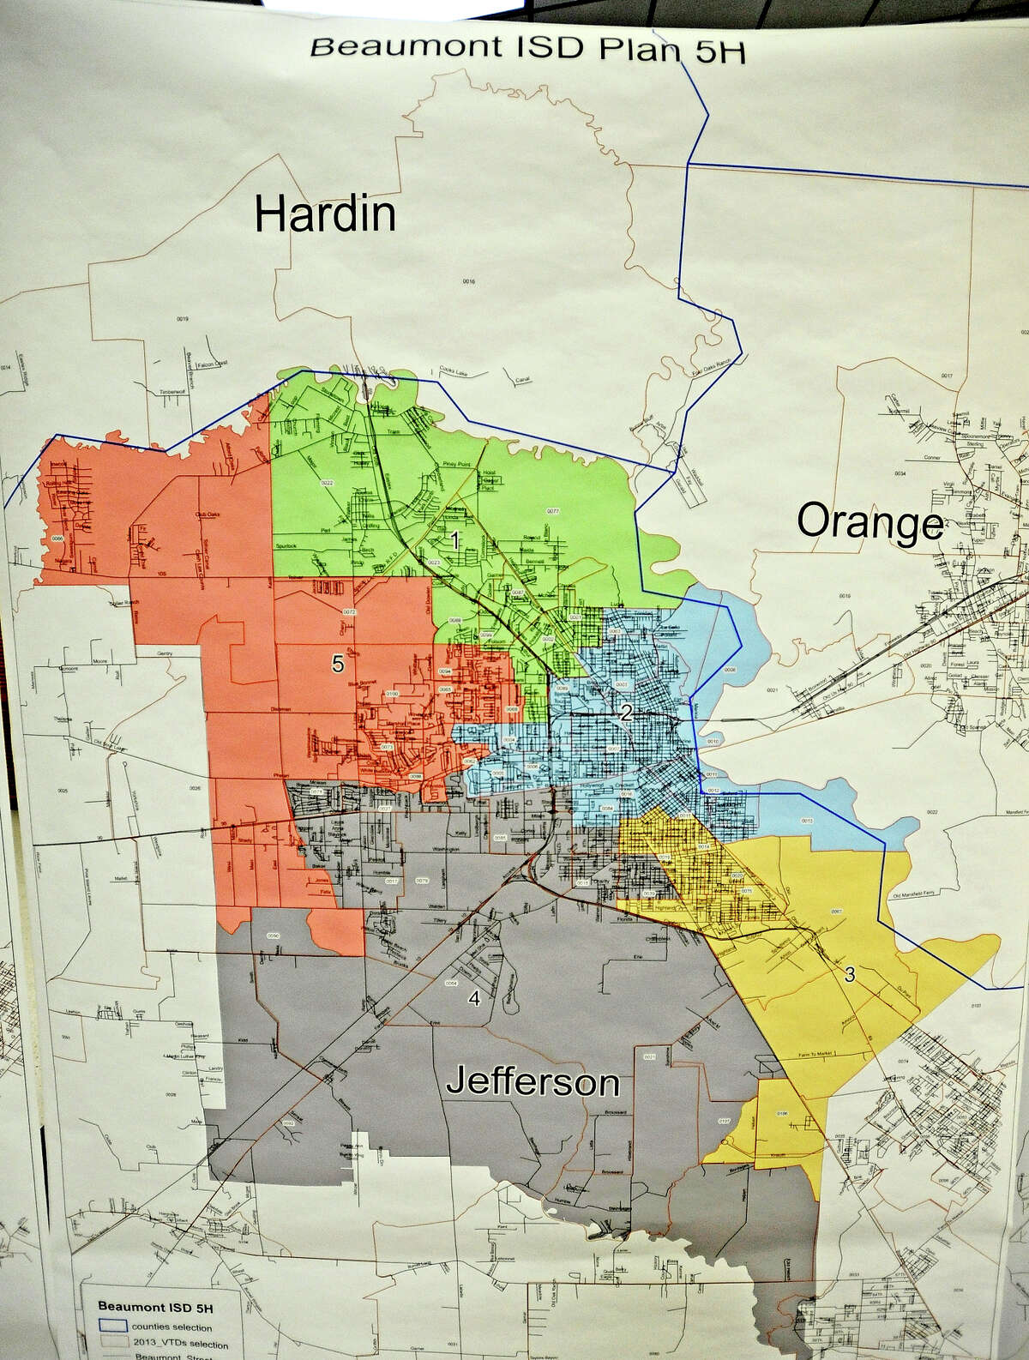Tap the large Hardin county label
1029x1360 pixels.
326,214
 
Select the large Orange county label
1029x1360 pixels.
870,522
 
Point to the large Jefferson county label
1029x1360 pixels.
533,1083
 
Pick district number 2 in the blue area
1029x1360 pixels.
627,712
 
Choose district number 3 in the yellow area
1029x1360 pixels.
849,974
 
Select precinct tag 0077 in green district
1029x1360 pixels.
552,511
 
